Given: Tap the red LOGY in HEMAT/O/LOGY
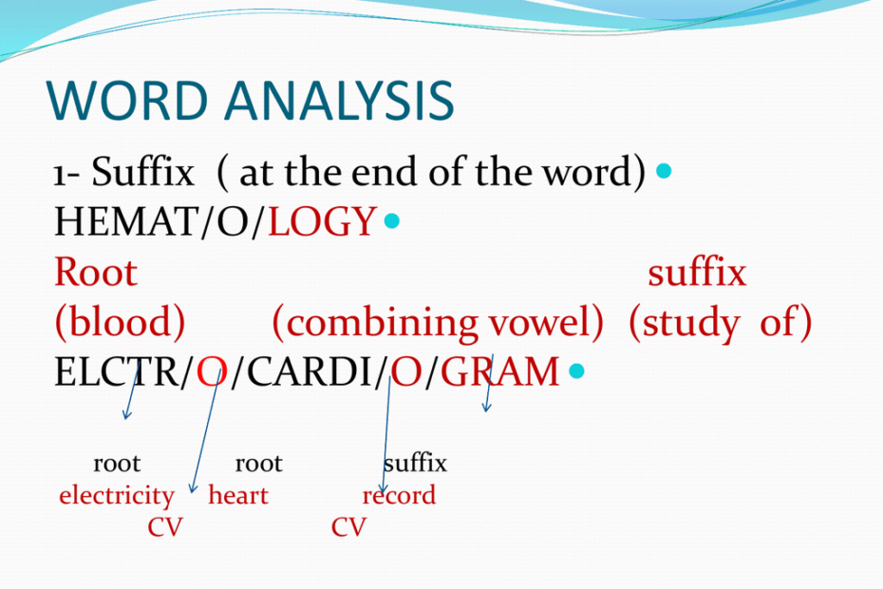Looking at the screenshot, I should click(x=322, y=222).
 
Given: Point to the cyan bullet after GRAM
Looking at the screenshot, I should click(x=575, y=371).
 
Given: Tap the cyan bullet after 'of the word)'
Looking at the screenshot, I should click(x=664, y=171).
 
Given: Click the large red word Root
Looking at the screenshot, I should click(x=96, y=274).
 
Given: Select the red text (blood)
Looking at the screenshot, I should click(x=120, y=324).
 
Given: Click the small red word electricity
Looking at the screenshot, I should click(x=116, y=496).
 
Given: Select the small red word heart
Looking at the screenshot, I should click(x=238, y=496).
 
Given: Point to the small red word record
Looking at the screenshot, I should click(x=400, y=496).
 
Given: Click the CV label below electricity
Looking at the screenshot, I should click(x=164, y=527).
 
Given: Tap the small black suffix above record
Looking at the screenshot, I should click(x=415, y=464).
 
